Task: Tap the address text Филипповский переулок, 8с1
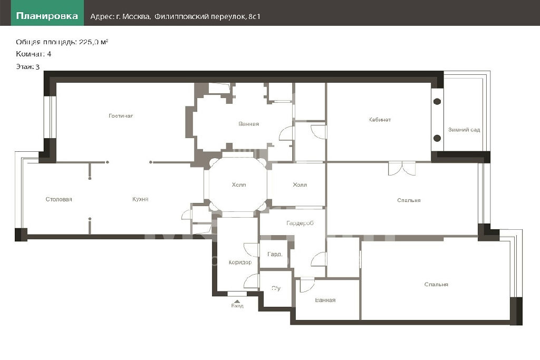coord(207,16)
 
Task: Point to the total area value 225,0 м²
coord(93,42)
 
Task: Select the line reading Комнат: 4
coord(33,54)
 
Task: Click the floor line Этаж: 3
coord(27,67)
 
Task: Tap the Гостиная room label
coord(121,116)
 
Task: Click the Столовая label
coord(59,199)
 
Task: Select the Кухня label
coord(140,199)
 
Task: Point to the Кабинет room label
coord(380,120)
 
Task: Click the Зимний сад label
coord(464,130)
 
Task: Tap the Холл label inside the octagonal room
coord(239,185)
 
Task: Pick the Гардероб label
coord(300,223)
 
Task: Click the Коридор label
coord(240,262)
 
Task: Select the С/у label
coord(276,288)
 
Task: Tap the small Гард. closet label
coord(275,255)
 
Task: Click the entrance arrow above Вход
coord(237,301)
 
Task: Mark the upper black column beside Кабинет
coord(437,102)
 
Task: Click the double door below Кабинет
coord(402,169)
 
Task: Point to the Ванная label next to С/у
coord(325,300)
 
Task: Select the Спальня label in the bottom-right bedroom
coord(436,285)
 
